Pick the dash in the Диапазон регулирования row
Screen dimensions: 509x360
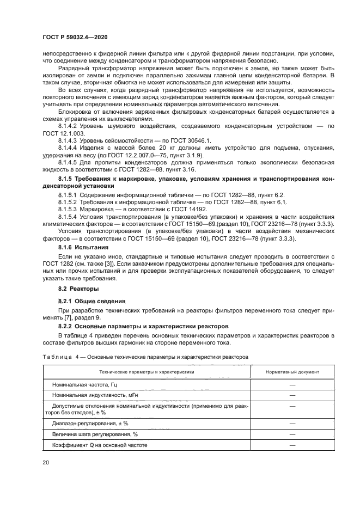[x=292, y=423]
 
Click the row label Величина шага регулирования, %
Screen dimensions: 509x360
[x=92, y=434]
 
